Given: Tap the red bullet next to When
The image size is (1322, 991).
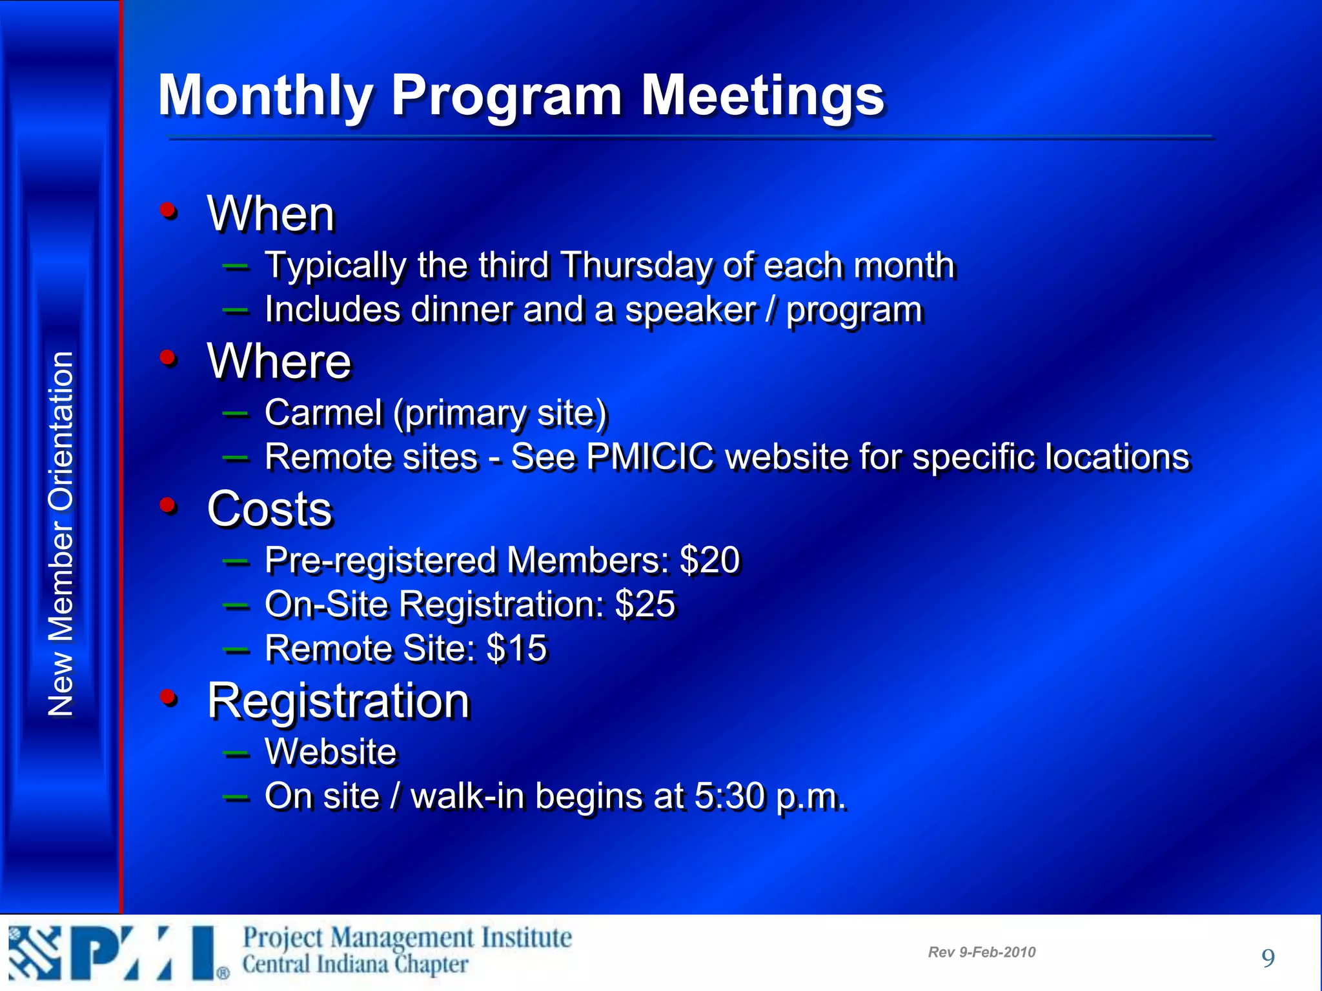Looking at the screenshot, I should (168, 210).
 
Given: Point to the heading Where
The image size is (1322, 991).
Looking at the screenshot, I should (279, 361).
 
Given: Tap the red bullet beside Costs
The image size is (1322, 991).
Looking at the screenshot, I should (168, 505).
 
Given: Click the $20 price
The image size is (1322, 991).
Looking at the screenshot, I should (709, 560).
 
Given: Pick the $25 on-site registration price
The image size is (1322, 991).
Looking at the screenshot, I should (645, 605).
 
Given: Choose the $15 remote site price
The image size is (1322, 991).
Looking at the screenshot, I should (516, 648).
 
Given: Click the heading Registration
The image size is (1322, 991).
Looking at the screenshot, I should (338, 701).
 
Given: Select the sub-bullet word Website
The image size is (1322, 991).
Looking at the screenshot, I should (330, 752).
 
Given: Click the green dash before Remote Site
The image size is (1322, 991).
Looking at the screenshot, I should (236, 649).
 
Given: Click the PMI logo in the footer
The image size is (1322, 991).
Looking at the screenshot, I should (116, 954).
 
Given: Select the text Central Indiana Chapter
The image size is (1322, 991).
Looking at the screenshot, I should (355, 965).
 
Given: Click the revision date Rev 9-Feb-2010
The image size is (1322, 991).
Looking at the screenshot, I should (981, 952).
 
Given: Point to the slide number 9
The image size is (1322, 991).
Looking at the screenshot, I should (1268, 958).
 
